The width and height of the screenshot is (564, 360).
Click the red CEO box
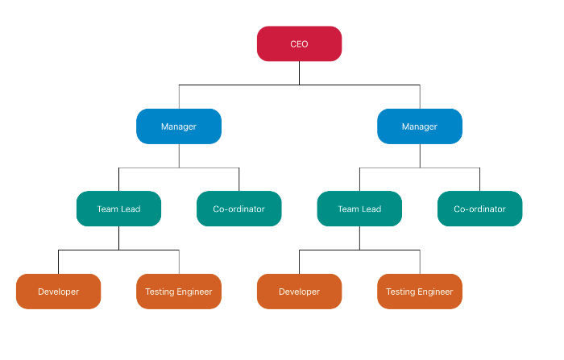299,43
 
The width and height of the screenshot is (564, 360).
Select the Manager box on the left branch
178,126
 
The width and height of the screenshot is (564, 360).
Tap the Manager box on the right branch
419,126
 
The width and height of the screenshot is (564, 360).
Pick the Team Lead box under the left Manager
118,209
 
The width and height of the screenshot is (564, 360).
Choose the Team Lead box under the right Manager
359,209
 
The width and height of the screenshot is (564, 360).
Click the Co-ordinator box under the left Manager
238,209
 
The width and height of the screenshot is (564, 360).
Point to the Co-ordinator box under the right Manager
479,209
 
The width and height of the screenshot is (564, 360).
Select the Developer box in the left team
58,292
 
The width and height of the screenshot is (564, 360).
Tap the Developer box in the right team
299,292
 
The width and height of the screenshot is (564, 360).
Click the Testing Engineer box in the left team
178,292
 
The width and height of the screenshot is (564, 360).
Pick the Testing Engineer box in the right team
419,292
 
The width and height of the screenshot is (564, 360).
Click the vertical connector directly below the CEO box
299,72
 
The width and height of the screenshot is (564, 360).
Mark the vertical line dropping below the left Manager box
179,155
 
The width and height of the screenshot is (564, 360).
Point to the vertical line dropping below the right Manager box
420,155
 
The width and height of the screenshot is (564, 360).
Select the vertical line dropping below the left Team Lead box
118,238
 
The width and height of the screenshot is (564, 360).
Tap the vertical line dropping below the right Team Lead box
359,238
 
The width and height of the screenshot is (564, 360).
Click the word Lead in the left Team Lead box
131,209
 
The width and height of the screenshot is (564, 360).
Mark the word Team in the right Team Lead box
348,209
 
